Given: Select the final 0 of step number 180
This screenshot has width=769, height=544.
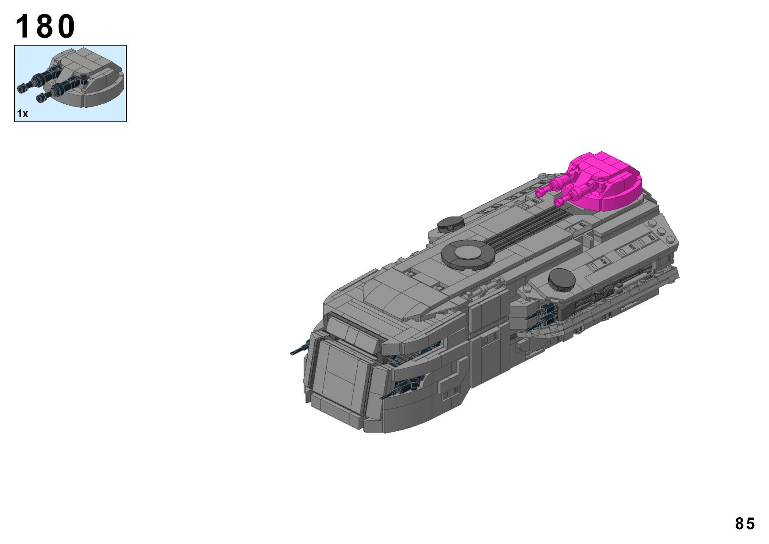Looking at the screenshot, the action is [x=66, y=26].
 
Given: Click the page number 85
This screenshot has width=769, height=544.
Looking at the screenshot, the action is [x=745, y=523].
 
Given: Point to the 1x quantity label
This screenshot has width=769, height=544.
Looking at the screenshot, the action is [x=22, y=114].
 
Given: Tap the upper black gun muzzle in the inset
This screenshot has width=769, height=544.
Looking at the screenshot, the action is [x=21, y=89].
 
